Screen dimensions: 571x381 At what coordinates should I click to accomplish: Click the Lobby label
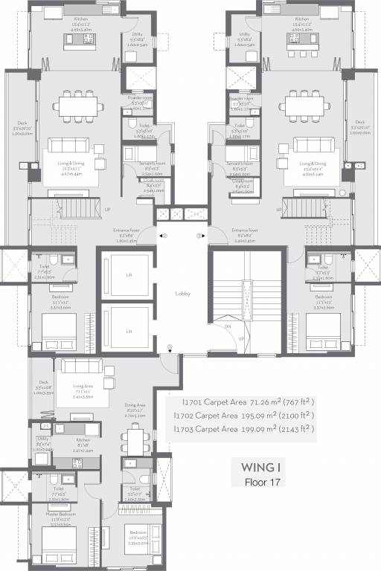click(183, 293)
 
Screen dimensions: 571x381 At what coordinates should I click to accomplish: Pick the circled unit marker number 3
click(199, 236)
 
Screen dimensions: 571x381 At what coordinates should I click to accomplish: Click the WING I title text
click(260, 468)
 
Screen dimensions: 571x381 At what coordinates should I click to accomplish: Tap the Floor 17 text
click(260, 482)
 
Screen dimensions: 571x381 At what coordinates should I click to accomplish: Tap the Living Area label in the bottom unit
click(83, 386)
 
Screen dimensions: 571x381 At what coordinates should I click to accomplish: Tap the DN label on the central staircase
click(228, 326)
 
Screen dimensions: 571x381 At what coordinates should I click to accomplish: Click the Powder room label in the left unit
click(140, 97)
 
